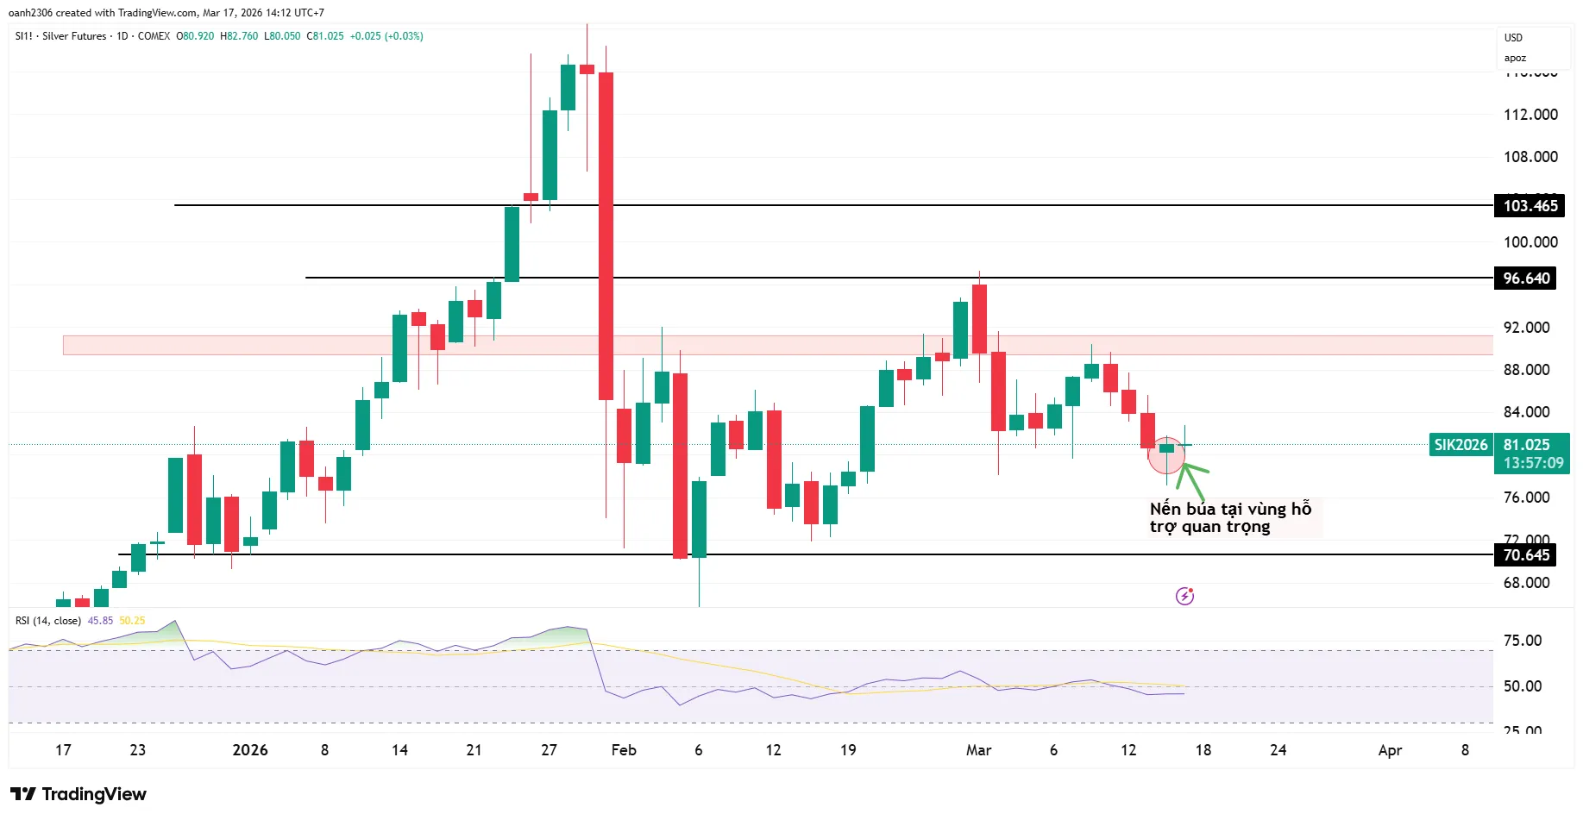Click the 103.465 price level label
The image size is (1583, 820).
[1530, 206]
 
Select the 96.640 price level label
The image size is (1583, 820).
[1525, 279]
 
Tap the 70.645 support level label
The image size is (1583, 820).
[1525, 555]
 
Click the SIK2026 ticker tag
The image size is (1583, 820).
[1461, 445]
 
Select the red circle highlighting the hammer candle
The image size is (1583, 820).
[1166, 454]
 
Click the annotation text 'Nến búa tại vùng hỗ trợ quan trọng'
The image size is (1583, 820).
[1229, 518]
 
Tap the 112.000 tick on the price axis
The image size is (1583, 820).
[1530, 115]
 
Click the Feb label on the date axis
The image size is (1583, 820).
[624, 750]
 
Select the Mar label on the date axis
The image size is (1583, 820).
[978, 750]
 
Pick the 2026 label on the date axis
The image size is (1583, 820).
[250, 750]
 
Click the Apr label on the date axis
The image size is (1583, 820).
[1390, 750]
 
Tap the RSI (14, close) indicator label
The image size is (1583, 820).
[48, 621]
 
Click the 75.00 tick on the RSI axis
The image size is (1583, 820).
[1523, 641]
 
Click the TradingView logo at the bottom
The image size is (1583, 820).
[79, 794]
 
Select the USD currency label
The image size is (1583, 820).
[1514, 38]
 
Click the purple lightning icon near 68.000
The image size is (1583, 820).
[1184, 596]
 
